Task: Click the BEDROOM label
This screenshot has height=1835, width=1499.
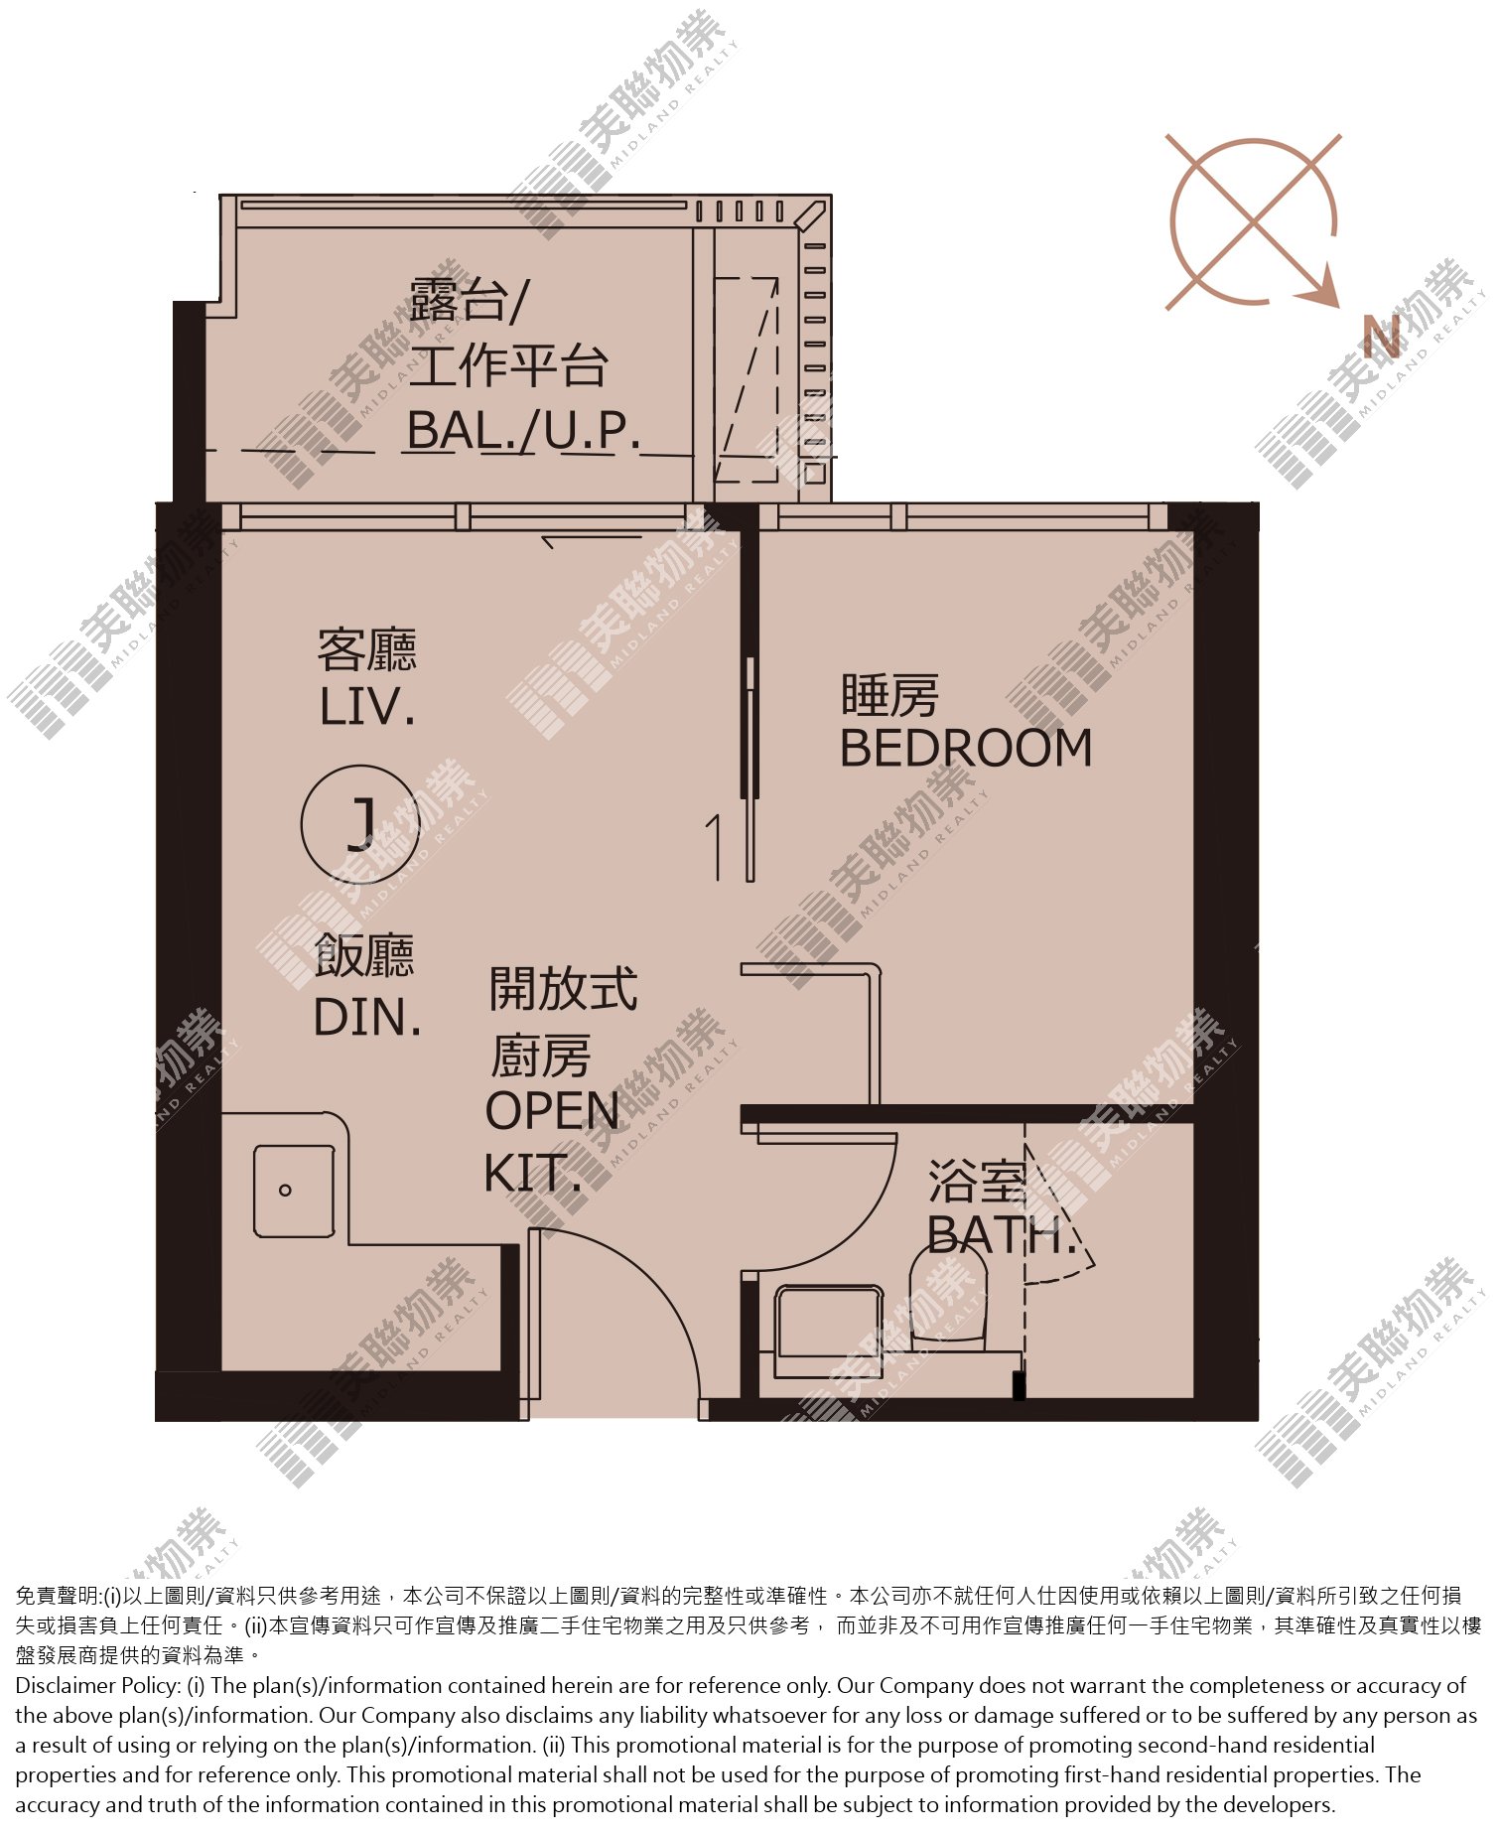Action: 966,748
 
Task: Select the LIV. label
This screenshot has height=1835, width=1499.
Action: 366,707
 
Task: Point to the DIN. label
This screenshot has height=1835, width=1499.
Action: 367,1018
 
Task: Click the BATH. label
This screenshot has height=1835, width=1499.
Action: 1001,1235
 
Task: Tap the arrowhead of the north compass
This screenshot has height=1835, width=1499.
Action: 1321,290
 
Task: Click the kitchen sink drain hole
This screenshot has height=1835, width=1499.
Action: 285,1190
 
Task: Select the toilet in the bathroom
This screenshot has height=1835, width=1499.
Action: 949,1296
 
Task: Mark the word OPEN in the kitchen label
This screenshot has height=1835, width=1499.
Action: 552,1111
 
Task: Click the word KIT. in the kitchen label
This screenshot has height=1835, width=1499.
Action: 532,1174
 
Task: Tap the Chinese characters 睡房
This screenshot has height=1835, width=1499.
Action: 889,695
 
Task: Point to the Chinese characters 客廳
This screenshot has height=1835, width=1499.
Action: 367,650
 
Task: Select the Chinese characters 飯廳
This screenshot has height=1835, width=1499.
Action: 364,955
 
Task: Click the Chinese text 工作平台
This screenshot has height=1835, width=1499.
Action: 508,365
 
